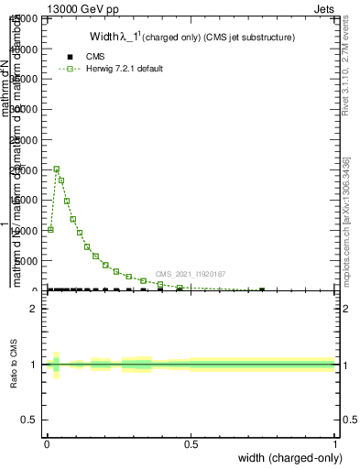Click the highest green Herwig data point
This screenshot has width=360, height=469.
click(57, 169)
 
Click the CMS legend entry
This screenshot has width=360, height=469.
click(95, 57)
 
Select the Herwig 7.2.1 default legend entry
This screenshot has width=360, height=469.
click(124, 69)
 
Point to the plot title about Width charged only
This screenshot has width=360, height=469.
click(191, 38)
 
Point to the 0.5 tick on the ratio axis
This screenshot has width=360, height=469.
click(29, 420)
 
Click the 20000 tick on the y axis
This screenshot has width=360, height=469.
click(25, 170)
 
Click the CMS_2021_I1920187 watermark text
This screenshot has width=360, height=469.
click(190, 274)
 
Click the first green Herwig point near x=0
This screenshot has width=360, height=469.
click(50, 229)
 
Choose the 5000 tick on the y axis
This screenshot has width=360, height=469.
click(27, 261)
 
